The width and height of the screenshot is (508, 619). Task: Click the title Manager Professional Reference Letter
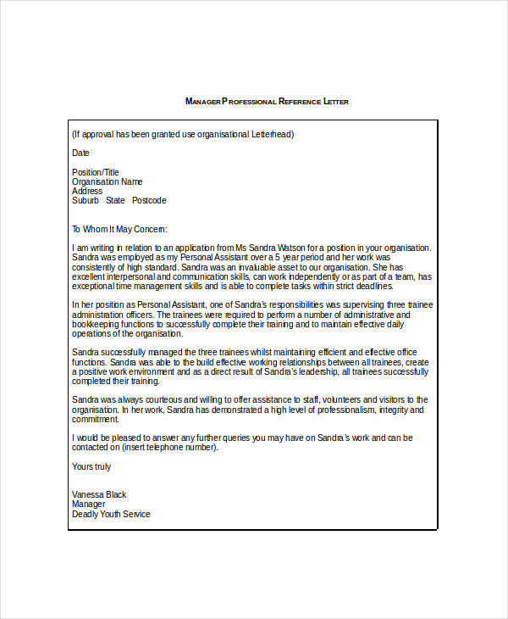click(267, 102)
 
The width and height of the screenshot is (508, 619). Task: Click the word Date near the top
click(80, 153)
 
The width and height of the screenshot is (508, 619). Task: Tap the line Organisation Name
click(108, 181)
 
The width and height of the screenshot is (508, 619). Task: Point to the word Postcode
click(149, 200)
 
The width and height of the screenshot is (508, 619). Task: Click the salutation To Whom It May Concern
click(120, 229)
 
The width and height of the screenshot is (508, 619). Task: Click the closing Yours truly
click(91, 466)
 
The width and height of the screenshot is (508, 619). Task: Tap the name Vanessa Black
click(99, 494)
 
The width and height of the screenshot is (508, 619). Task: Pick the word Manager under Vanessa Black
click(90, 504)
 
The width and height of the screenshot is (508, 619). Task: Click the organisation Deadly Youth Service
click(111, 514)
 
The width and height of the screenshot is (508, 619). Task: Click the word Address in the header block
click(87, 191)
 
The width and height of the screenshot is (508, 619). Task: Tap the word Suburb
click(86, 200)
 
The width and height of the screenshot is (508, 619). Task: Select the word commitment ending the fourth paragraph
click(96, 419)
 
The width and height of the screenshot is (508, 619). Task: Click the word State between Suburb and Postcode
click(115, 200)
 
